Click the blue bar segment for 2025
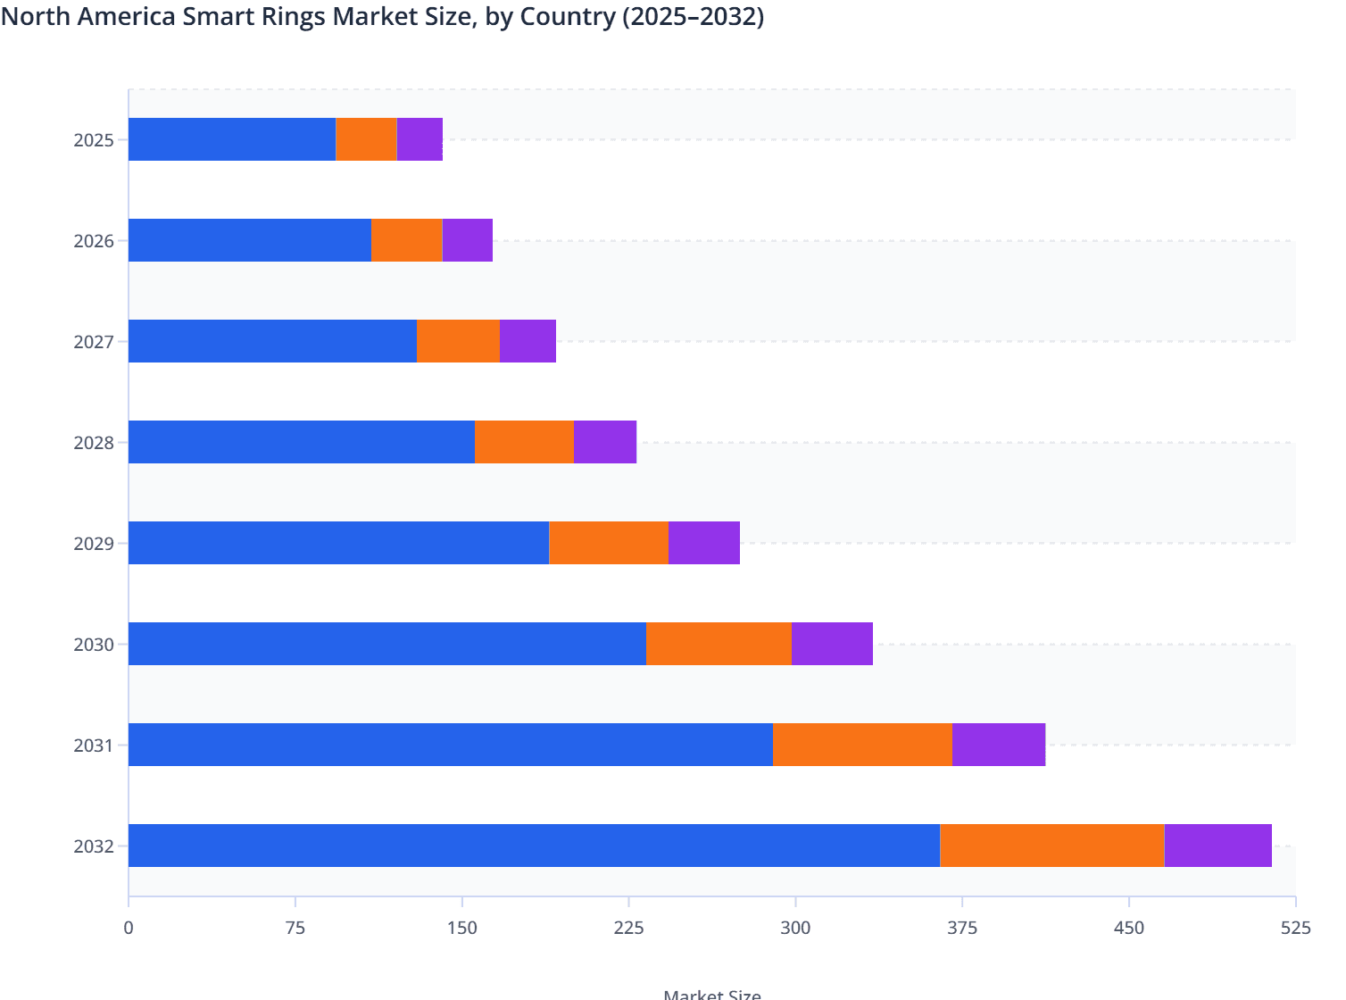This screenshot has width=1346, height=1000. [232, 139]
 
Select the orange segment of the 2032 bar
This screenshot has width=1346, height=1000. [1051, 846]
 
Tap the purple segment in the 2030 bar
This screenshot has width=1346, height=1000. [832, 644]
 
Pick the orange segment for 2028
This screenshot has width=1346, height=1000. [524, 442]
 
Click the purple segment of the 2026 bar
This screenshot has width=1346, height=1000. [467, 240]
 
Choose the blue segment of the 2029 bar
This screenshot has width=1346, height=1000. [338, 543]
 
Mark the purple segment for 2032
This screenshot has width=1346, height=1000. [1217, 846]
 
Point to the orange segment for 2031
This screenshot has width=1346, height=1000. [862, 745]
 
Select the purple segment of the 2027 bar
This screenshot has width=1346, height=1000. [528, 341]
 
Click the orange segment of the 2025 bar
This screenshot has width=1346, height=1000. [366, 139]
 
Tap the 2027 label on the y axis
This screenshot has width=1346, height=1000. [94, 342]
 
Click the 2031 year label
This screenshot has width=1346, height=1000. [94, 746]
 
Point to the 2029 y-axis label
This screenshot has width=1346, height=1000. [94, 544]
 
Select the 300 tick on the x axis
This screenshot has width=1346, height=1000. [795, 929]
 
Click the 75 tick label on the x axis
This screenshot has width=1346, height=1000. [295, 929]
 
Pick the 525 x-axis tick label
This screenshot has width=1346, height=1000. [1295, 929]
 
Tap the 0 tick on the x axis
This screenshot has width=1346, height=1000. [129, 929]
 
